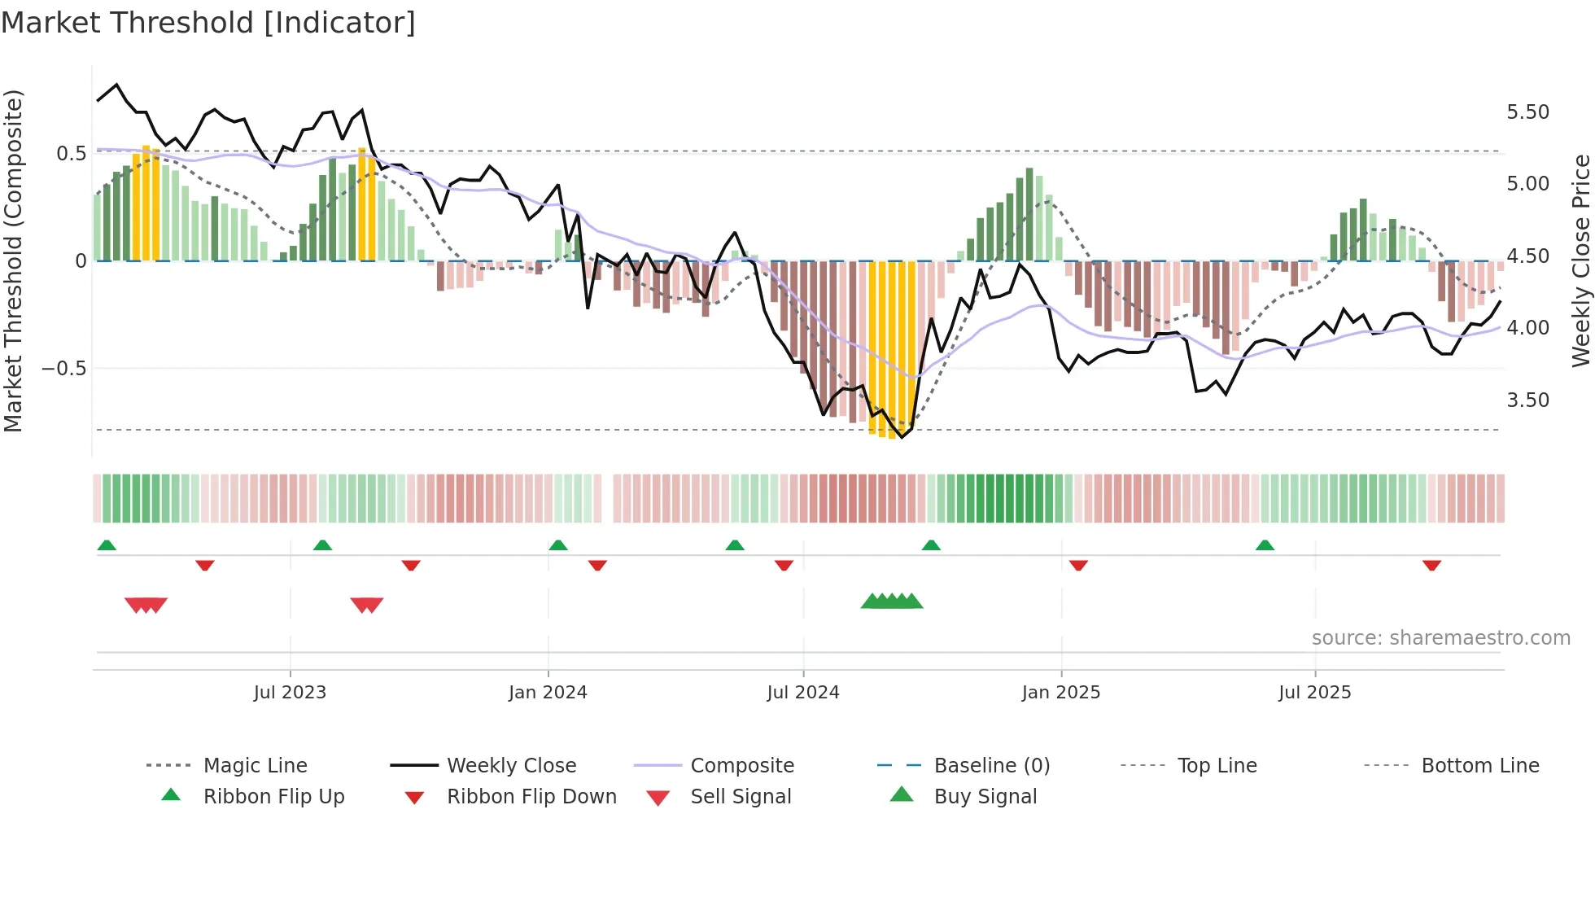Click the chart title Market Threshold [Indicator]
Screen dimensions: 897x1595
tap(208, 23)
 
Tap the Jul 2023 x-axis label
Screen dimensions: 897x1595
tap(290, 693)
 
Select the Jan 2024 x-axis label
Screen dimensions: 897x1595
tap(548, 693)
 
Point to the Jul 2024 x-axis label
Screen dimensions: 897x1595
tap(802, 693)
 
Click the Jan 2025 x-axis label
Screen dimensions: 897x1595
tap(1061, 693)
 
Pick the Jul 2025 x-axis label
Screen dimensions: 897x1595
tap(1314, 693)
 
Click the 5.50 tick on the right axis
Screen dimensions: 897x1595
tap(1527, 112)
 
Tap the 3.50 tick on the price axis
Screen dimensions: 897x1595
tap(1527, 400)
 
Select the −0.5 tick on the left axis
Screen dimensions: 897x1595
tap(63, 369)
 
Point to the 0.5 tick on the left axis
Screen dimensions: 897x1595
tap(71, 154)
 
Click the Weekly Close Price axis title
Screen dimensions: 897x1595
tap(1580, 260)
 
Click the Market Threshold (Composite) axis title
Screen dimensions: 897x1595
tap(13, 260)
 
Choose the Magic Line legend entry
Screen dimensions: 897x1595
tap(255, 766)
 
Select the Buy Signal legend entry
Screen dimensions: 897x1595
tap(985, 797)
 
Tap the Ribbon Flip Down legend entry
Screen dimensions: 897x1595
tap(531, 797)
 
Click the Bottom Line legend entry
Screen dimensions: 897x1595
tap(1479, 766)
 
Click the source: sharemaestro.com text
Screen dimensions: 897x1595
tap(1440, 638)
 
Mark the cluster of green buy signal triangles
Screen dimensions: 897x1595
tap(892, 602)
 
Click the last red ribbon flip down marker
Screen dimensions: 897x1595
tap(1431, 565)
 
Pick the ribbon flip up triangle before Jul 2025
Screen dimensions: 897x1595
tap(1265, 545)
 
